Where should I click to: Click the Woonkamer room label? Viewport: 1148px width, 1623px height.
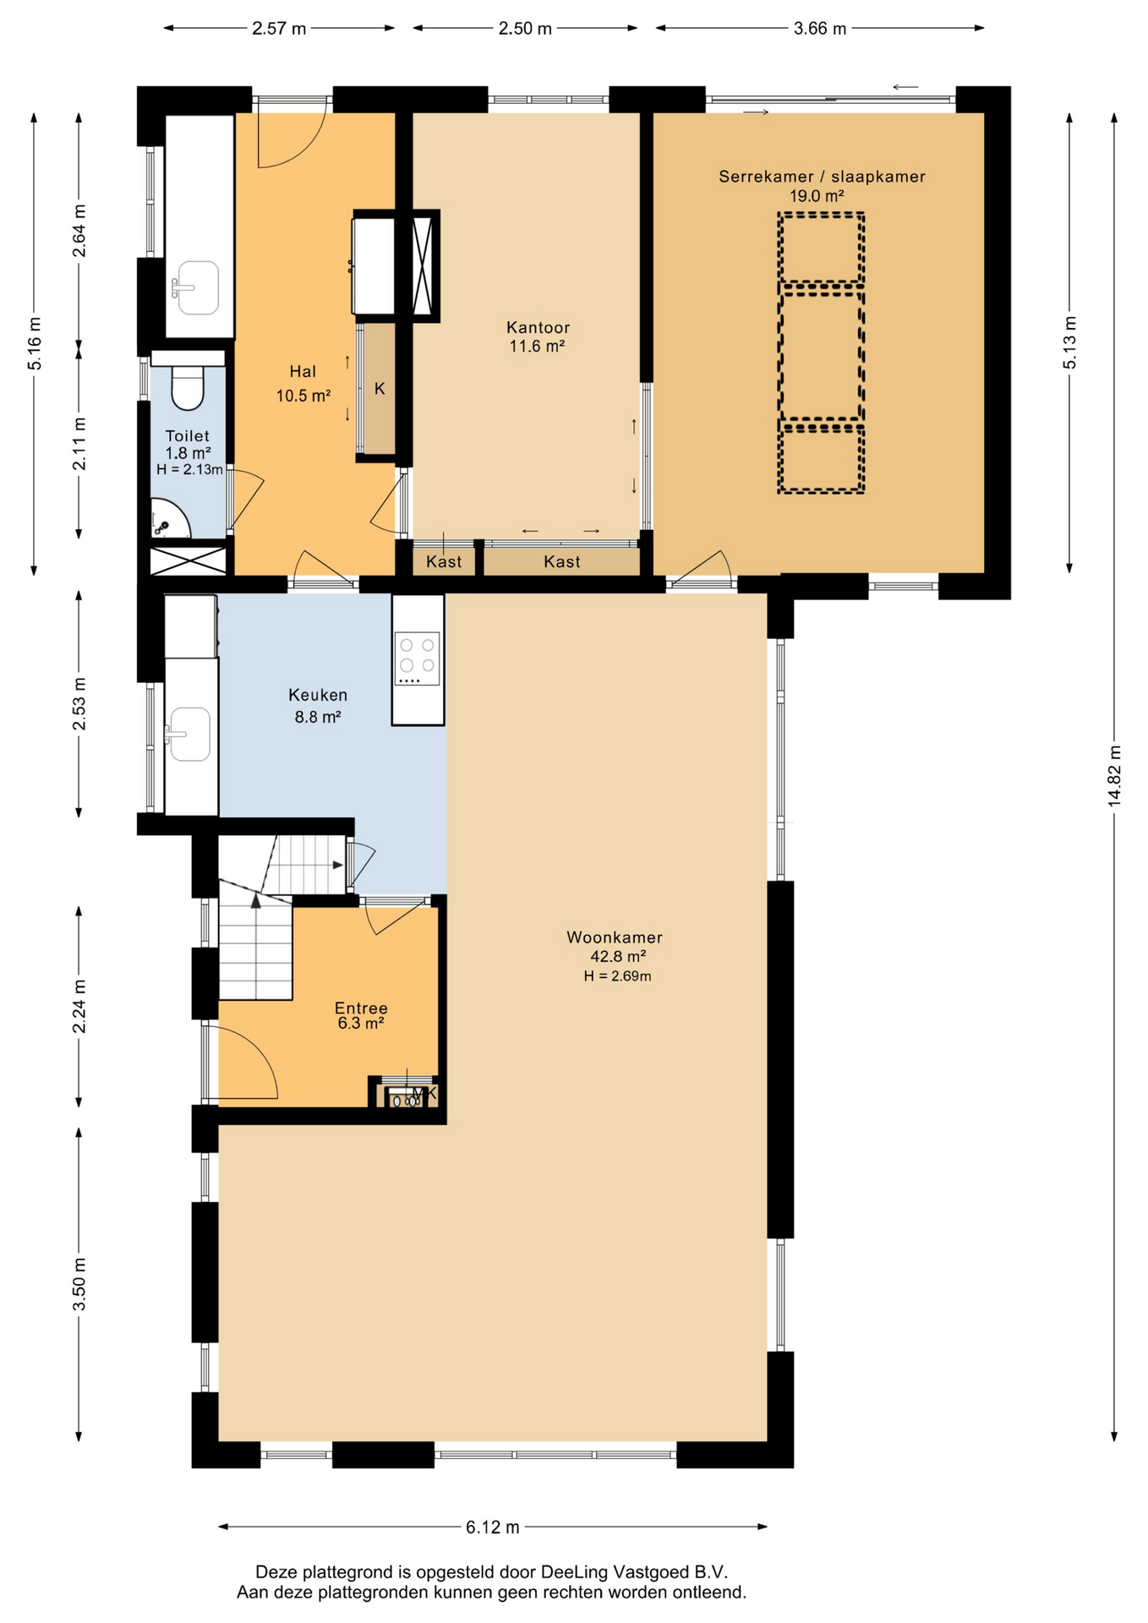point(615,937)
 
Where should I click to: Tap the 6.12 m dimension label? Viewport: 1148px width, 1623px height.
point(493,1527)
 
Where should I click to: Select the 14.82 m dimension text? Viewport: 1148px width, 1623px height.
point(1114,776)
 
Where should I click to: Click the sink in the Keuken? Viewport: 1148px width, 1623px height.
point(189,734)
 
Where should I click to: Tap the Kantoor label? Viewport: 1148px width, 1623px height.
point(538,327)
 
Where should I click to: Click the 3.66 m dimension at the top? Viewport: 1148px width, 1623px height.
point(820,29)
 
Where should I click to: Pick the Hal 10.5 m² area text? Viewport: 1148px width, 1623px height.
point(303,396)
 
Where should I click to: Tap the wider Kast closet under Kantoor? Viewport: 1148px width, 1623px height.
point(562,562)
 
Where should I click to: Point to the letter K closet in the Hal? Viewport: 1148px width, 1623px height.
point(380,389)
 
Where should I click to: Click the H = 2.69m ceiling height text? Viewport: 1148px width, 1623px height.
point(617,976)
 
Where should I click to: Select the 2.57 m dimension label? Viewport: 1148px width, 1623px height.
point(279,29)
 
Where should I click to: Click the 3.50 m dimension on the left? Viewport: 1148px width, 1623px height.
point(79,1283)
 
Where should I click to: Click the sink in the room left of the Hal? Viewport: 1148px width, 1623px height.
point(198,287)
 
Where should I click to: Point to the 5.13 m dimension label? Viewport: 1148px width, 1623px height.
point(1069,342)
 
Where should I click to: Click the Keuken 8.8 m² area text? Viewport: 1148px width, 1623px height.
point(318,717)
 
